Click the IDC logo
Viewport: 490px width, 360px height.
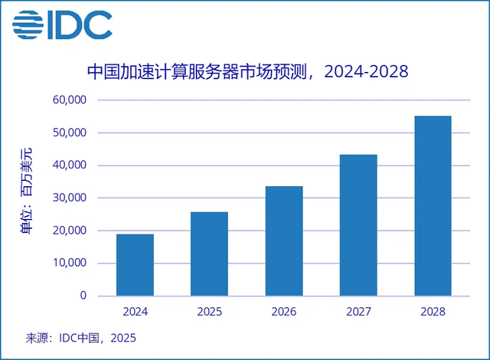(61, 25)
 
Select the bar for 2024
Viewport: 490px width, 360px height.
(135, 265)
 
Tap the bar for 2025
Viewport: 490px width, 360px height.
(209, 254)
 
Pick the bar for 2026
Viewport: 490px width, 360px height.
(284, 241)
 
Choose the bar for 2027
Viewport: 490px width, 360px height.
(358, 225)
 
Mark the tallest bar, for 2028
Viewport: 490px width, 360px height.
(433, 205)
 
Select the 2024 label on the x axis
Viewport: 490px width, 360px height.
(135, 312)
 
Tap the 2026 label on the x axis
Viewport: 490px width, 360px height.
(284, 312)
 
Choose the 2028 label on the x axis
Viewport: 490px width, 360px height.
(433, 312)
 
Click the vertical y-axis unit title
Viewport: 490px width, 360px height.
(28, 198)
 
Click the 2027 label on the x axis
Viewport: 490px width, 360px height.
(358, 312)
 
